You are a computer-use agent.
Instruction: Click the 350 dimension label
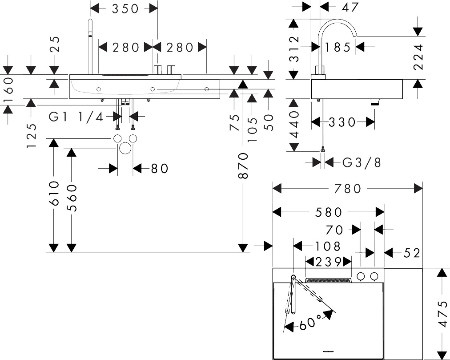point(124,8)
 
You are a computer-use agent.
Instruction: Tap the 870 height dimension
point(243,166)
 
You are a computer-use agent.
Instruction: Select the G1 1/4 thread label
point(76,117)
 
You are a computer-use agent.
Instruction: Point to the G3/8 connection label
point(362,162)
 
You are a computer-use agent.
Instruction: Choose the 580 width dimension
point(329,212)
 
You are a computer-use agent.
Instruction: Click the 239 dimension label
point(328,261)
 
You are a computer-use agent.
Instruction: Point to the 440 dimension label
point(295,125)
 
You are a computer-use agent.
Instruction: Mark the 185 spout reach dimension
point(338,47)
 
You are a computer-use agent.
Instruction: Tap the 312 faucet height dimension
point(294,49)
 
